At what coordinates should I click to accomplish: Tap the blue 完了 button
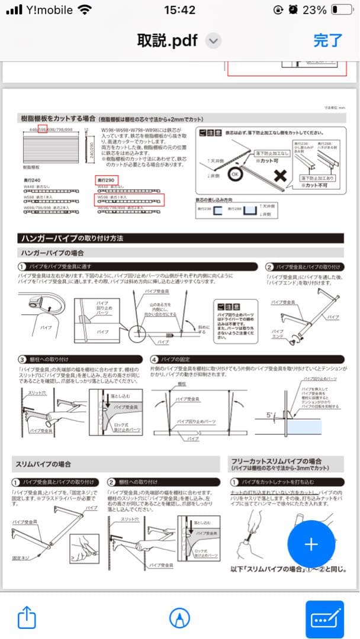[x=327, y=40]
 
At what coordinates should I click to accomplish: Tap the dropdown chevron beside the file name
[x=214, y=41]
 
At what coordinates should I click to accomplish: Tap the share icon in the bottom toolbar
[x=27, y=618]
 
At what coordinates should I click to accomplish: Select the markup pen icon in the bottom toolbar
[x=176, y=618]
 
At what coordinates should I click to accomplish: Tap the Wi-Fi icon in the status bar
[x=85, y=10]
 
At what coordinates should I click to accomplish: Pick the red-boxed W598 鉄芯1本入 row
[x=130, y=199]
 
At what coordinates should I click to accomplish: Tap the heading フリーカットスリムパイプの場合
[x=276, y=461]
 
